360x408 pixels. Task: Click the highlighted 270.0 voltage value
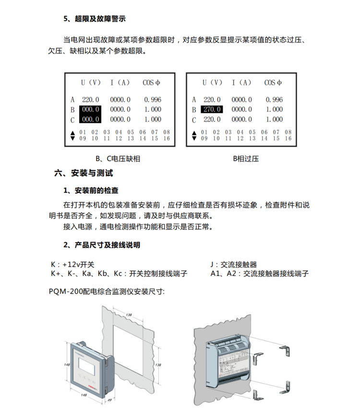tap(212, 109)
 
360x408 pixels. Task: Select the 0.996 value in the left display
tap(153, 99)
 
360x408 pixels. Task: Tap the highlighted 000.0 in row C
tap(90, 119)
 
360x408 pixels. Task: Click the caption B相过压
tap(246, 159)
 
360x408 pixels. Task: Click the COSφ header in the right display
tap(274, 83)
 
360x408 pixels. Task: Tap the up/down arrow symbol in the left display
tap(72, 135)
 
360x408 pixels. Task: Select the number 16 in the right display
tap(288, 138)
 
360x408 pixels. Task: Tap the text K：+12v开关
tap(73, 264)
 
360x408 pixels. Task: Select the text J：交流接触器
tap(234, 264)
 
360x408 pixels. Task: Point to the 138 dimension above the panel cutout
tap(129, 314)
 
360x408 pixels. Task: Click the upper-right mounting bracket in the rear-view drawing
tap(287, 352)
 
